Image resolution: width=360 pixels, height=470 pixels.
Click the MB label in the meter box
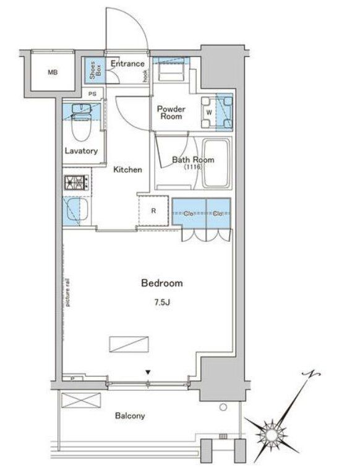tap(53, 72)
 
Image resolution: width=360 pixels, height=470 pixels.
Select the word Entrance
tap(128, 64)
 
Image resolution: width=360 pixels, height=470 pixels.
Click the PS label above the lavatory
tap(92, 94)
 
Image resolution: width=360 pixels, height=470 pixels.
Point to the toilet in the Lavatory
tap(79, 127)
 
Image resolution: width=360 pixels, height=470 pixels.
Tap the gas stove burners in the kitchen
tap(77, 182)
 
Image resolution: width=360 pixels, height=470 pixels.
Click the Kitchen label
tap(127, 169)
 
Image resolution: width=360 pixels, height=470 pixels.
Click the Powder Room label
tap(171, 111)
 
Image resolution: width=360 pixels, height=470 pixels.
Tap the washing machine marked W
tap(208, 112)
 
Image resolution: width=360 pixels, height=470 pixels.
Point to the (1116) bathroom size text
tap(192, 168)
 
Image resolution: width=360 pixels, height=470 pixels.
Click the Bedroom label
tap(162, 283)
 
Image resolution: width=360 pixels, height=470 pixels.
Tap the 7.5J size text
tap(162, 302)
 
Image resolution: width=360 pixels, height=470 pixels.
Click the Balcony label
tap(130, 416)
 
